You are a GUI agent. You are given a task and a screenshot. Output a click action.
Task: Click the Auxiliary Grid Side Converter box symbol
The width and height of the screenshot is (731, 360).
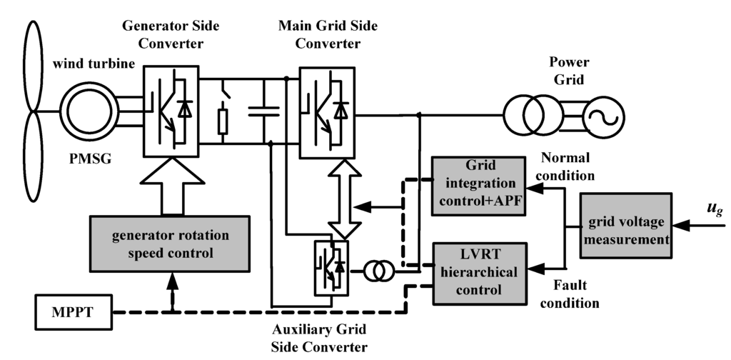[331, 268]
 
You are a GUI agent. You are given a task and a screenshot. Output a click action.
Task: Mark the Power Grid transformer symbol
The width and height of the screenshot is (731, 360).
[533, 112]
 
